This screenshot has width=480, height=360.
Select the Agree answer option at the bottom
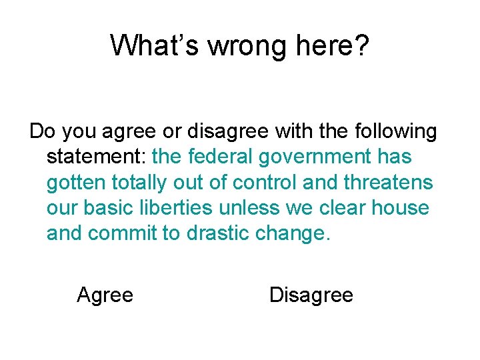tap(105, 295)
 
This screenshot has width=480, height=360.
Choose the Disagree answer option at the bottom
tap(311, 295)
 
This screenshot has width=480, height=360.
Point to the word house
tap(400, 208)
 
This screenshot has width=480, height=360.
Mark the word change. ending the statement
tap(295, 233)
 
